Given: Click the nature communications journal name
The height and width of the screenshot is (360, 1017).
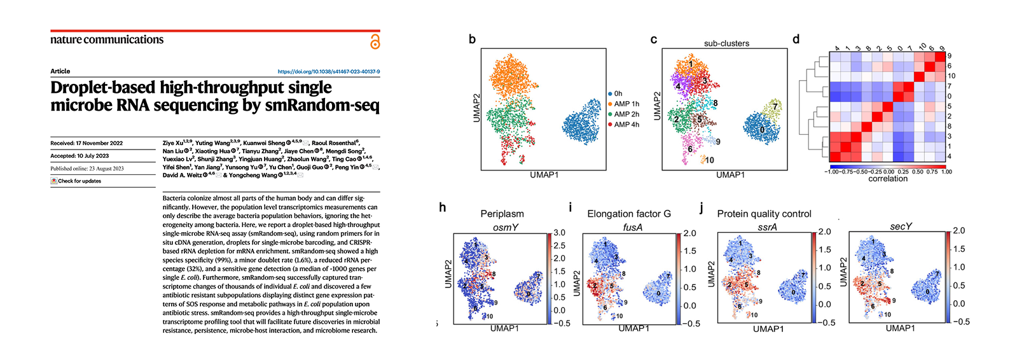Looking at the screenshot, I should click(x=107, y=39).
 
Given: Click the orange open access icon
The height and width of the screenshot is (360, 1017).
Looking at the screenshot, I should click(x=375, y=42).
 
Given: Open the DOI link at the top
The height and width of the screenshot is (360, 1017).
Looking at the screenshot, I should click(x=328, y=72).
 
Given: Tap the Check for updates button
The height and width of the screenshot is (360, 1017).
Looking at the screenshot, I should click(x=76, y=181).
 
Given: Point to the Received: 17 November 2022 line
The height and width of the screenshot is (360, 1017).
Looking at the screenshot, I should click(x=86, y=143).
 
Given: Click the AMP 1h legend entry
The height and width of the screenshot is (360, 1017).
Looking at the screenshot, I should click(x=626, y=104).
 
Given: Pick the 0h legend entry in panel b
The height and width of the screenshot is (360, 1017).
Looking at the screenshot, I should click(x=617, y=93).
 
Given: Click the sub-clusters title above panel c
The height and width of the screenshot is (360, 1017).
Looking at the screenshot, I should click(x=726, y=43).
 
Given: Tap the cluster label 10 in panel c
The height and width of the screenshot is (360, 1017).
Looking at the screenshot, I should click(x=709, y=160).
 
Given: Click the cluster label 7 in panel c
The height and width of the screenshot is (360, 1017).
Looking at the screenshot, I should click(x=775, y=106).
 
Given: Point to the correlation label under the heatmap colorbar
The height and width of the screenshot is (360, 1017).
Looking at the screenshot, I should click(x=888, y=179).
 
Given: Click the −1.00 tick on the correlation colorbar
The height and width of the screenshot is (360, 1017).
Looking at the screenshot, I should click(x=833, y=172).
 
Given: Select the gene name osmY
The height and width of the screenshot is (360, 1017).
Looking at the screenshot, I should click(x=506, y=227).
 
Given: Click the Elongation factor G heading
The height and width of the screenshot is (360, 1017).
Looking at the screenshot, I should click(x=629, y=214).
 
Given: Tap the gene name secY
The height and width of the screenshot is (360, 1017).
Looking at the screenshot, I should click(x=901, y=226).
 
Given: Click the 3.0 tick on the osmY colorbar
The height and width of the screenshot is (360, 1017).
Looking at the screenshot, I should click(x=559, y=233).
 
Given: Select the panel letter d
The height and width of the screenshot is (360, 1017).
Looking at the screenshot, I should click(x=796, y=39).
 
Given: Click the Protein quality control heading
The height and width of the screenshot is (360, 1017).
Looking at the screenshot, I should click(x=764, y=214).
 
